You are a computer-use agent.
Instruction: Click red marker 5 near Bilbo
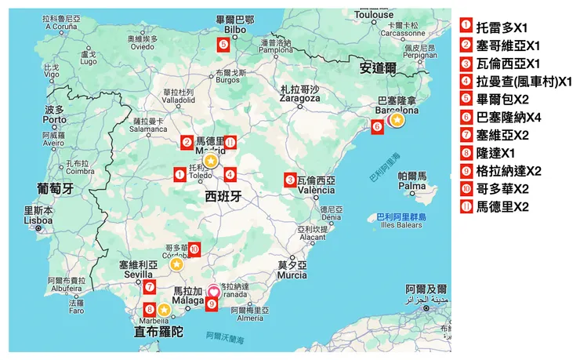224,45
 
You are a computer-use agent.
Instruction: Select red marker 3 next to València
291,180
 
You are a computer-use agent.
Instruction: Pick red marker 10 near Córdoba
194,249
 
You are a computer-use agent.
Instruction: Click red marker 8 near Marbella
150,309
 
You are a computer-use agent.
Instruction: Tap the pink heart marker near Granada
212,292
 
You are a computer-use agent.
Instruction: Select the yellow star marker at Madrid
210,162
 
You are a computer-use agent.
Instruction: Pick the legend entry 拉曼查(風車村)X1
517,81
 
